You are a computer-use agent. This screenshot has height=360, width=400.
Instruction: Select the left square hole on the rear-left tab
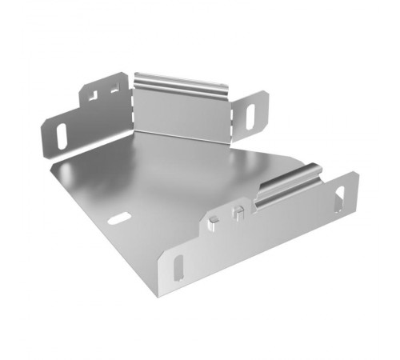pyautogui.click(x=94, y=94)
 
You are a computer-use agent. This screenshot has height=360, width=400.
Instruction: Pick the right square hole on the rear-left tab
pyautogui.click(x=114, y=90)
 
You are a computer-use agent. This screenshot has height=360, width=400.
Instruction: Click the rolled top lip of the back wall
pyautogui.click(x=179, y=81)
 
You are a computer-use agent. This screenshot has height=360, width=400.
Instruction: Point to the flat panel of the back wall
pyautogui.click(x=179, y=112)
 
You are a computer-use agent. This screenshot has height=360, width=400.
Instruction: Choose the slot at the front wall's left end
pyautogui.click(x=177, y=266)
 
